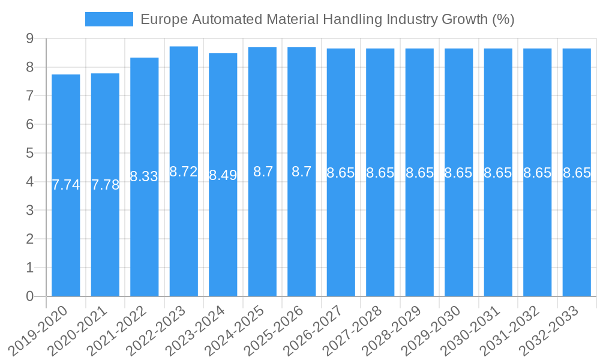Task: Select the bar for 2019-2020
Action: (66, 240)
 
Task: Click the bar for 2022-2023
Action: (184, 240)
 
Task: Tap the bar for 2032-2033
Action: (577, 240)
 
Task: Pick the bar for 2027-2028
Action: (380, 240)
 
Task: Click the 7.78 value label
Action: (105, 185)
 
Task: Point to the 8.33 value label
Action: (144, 176)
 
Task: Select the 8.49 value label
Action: (223, 175)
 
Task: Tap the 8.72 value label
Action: (184, 172)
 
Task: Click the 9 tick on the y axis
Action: (29, 38)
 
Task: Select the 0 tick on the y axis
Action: (29, 296)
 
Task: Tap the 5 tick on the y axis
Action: (29, 153)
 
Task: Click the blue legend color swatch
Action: (109, 19)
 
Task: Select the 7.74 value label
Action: (66, 185)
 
